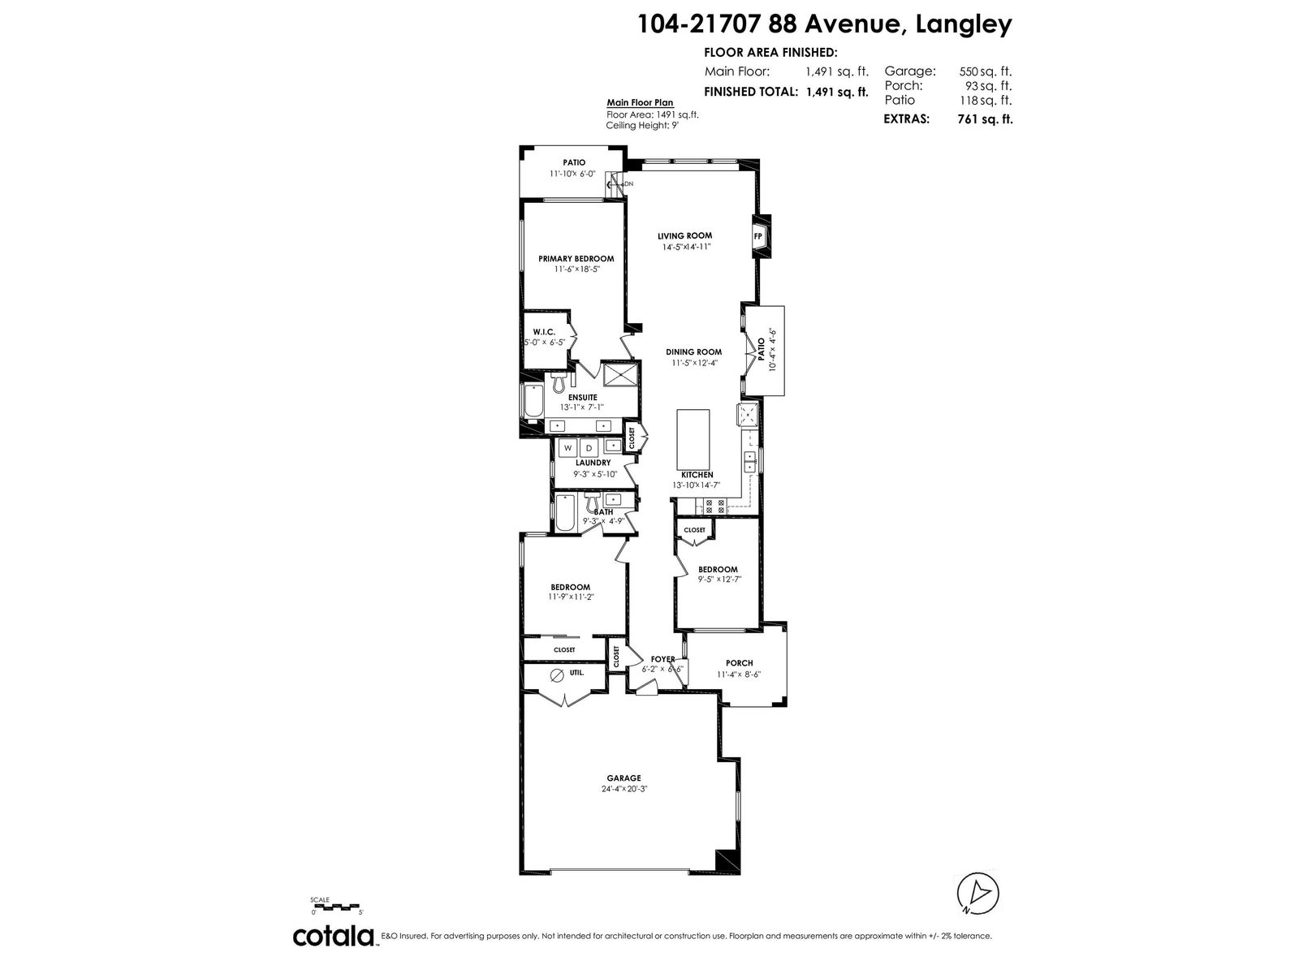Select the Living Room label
click(x=684, y=235)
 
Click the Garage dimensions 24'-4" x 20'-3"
click(x=624, y=788)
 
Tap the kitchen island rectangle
click(x=693, y=439)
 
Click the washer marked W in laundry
click(x=568, y=448)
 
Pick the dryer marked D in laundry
click(x=589, y=448)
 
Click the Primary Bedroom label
click(x=576, y=258)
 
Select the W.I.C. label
click(x=544, y=332)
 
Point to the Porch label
click(x=739, y=663)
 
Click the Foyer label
click(x=662, y=659)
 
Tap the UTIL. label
click(x=577, y=672)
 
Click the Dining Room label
click(x=693, y=352)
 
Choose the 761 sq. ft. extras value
click(x=985, y=119)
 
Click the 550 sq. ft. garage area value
click(x=986, y=71)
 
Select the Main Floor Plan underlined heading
click(x=640, y=103)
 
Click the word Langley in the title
click(x=964, y=25)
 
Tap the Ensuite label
click(x=582, y=398)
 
